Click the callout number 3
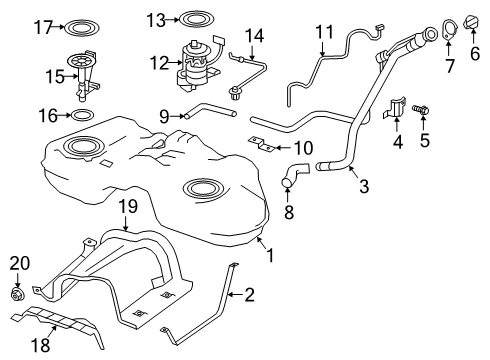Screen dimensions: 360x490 (365, 186)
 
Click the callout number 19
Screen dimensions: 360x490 (126, 207)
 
